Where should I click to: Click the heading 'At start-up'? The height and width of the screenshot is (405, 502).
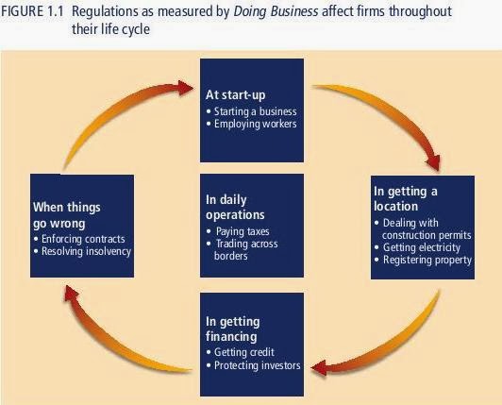coord(236,94)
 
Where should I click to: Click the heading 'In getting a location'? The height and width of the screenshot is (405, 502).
coord(406,198)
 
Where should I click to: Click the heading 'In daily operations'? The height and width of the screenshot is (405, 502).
coord(235,208)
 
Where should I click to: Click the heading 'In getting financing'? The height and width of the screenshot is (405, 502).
coord(233,329)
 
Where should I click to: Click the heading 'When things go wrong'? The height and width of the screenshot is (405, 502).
coord(67,215)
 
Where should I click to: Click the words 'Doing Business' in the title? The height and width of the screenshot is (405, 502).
coord(276,11)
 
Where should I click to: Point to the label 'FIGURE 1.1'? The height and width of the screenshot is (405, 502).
coord(31,11)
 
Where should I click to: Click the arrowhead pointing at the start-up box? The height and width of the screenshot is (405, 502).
coord(186,88)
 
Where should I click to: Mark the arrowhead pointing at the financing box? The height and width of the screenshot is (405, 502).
coord(319,367)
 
